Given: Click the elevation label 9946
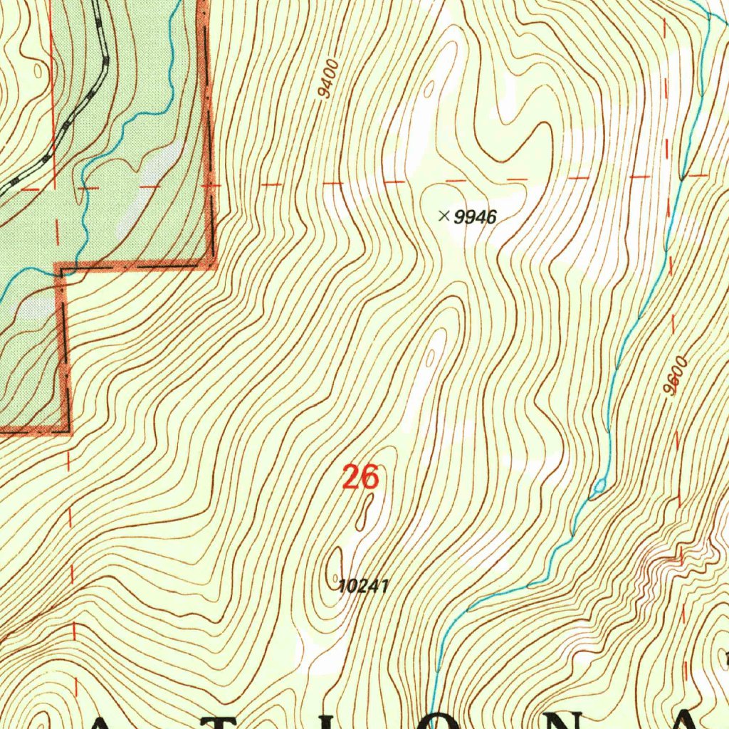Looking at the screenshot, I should pyautogui.click(x=475, y=217).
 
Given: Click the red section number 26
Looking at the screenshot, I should pyautogui.click(x=360, y=478).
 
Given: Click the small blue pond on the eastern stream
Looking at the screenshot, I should pyautogui.click(x=600, y=486).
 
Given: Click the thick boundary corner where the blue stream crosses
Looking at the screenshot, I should pyautogui.click(x=60, y=269).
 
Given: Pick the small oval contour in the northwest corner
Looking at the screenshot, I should pyautogui.click(x=38, y=70).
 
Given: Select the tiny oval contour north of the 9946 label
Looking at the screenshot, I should pyautogui.click(x=429, y=90).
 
